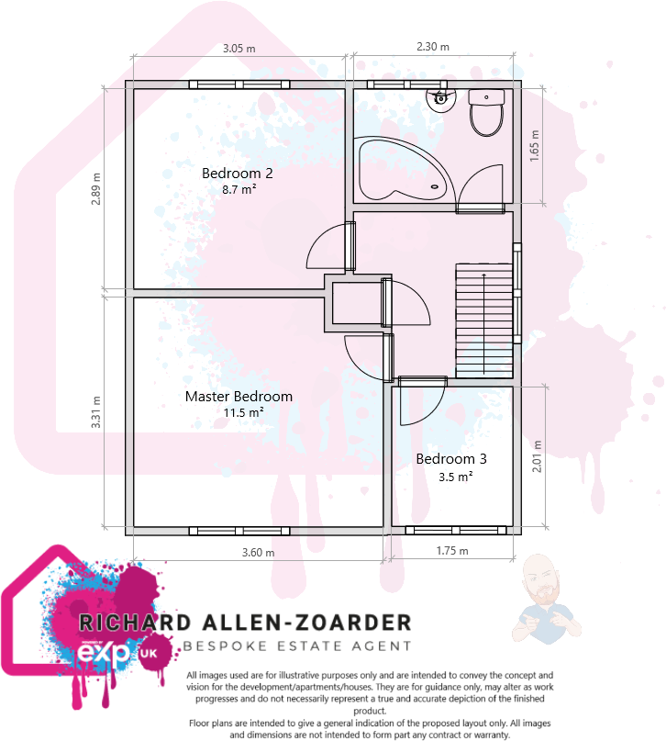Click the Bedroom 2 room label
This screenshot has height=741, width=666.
tap(238, 173)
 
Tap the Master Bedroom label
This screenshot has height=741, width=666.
tap(239, 397)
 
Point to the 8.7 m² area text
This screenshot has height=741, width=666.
tap(238, 190)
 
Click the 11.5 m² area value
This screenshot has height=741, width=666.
tap(239, 413)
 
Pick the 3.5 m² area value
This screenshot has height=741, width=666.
tap(455, 477)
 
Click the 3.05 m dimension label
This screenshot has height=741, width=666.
tap(239, 49)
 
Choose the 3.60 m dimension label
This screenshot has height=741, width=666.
tap(258, 552)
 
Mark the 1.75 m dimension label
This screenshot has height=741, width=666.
tap(451, 551)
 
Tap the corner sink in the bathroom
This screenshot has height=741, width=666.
tap(439, 98)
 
